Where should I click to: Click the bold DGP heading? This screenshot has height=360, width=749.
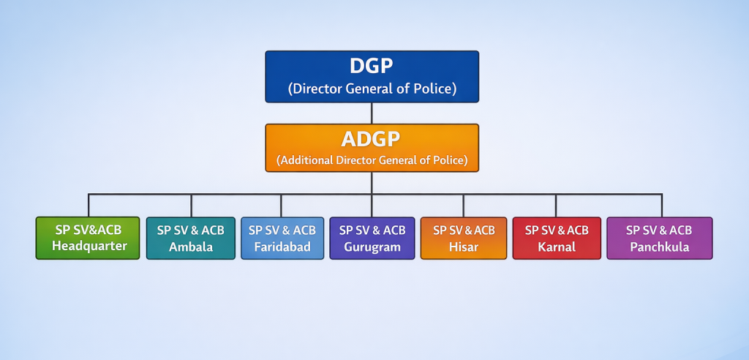371,67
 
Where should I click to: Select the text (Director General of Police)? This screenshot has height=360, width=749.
372,89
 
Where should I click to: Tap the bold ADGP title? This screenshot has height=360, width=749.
371,139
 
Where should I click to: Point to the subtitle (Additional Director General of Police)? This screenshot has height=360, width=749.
372,160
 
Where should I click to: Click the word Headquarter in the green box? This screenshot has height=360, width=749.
89,246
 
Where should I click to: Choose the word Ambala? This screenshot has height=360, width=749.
191,247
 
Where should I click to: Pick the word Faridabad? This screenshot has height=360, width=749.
282,247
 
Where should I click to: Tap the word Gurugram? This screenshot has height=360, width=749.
372,247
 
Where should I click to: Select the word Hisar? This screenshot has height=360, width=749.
464,246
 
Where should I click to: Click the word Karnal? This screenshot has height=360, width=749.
557,247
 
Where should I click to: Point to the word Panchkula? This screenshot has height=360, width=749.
660,247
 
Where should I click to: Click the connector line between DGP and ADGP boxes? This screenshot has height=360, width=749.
372,113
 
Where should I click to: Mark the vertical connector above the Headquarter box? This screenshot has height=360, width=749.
89,206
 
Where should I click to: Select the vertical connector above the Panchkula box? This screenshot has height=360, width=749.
661,206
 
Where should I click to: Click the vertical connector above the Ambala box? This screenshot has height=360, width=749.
191,206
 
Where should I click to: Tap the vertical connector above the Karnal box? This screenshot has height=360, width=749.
556,206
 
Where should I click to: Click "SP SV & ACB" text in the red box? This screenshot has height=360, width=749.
557,230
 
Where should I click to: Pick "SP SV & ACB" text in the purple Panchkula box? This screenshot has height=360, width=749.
659,230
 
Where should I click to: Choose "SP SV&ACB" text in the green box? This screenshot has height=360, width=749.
89,230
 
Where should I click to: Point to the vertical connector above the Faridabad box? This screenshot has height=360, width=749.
281,206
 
